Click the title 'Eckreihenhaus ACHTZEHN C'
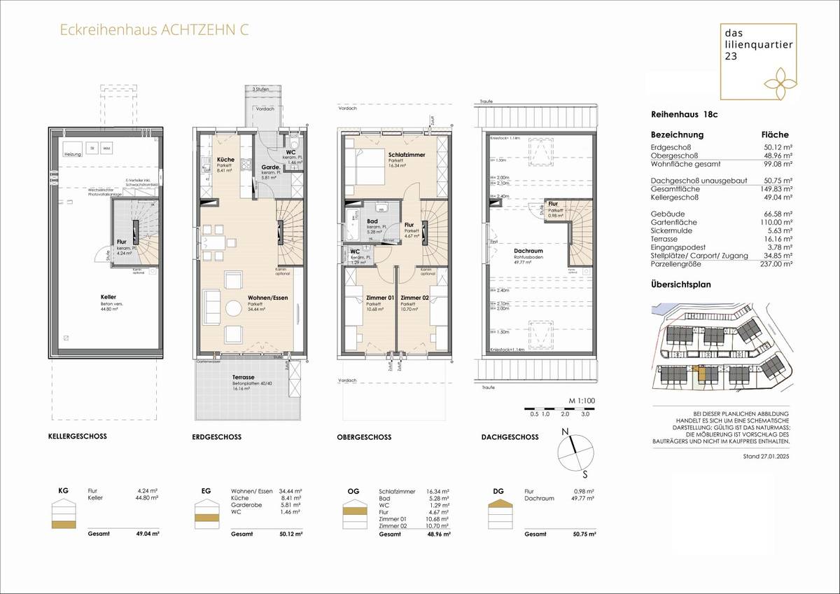(x=153, y=30)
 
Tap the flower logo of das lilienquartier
(x=780, y=76)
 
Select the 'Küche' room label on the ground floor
(x=225, y=160)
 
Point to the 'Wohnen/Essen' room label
(x=264, y=298)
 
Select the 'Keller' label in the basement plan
(x=108, y=296)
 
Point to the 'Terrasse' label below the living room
(x=244, y=377)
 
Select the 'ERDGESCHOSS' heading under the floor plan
(x=216, y=436)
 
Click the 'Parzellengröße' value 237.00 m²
(x=774, y=265)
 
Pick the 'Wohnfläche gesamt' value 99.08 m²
(x=776, y=165)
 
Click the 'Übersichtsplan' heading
(x=681, y=285)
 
